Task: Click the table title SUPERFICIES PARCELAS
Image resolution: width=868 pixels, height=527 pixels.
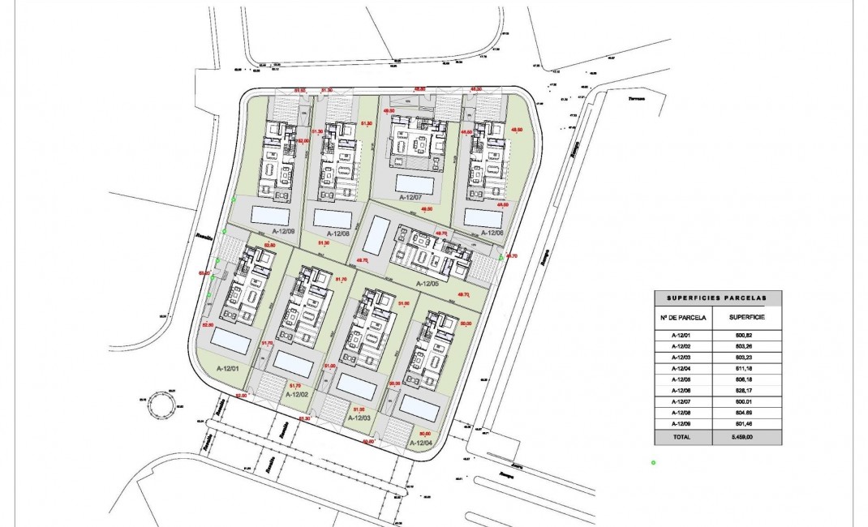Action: pyautogui.click(x=718, y=298)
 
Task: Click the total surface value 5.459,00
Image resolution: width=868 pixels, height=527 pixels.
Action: pyautogui.click(x=747, y=436)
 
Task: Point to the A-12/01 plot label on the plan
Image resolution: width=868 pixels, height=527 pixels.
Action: pyautogui.click(x=231, y=369)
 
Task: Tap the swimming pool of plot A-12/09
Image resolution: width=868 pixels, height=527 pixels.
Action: pyautogui.click(x=270, y=215)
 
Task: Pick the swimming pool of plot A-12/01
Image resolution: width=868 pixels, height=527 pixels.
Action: pyautogui.click(x=230, y=341)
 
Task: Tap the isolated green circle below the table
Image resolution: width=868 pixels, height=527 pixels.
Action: pyautogui.click(x=653, y=463)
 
